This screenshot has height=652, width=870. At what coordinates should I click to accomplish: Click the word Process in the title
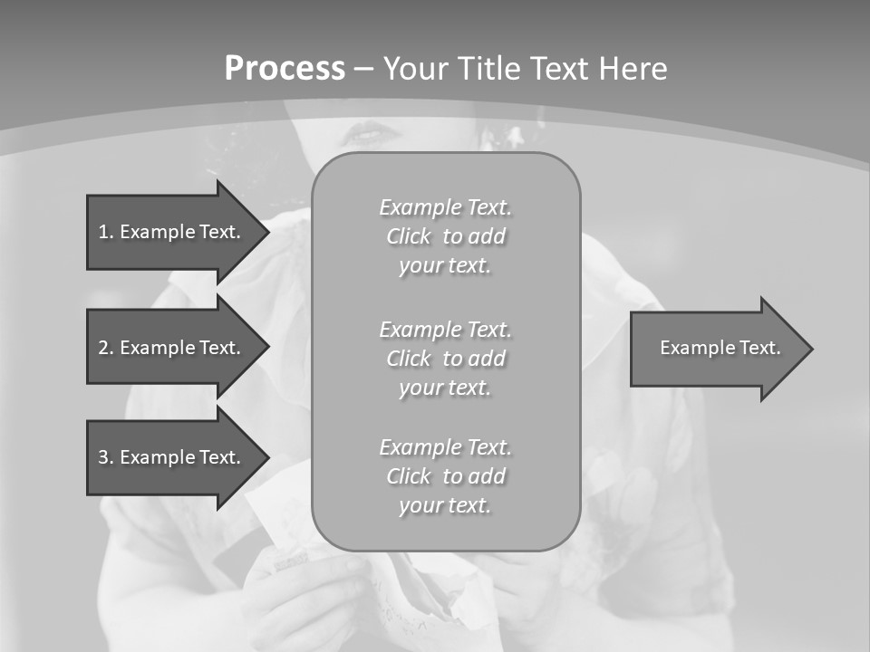[x=285, y=69]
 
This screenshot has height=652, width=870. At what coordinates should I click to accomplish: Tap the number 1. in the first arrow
[x=106, y=232]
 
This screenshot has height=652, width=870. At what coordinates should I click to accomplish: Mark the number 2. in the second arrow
[x=106, y=348]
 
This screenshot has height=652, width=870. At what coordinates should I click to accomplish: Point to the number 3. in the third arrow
[x=106, y=457]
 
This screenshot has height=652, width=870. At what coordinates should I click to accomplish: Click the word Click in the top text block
[x=409, y=237]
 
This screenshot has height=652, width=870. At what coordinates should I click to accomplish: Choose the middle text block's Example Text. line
[x=445, y=329]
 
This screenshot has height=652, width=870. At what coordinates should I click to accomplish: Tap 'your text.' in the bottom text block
[x=445, y=505]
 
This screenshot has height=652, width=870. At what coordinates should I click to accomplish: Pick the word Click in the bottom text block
[x=409, y=476]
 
